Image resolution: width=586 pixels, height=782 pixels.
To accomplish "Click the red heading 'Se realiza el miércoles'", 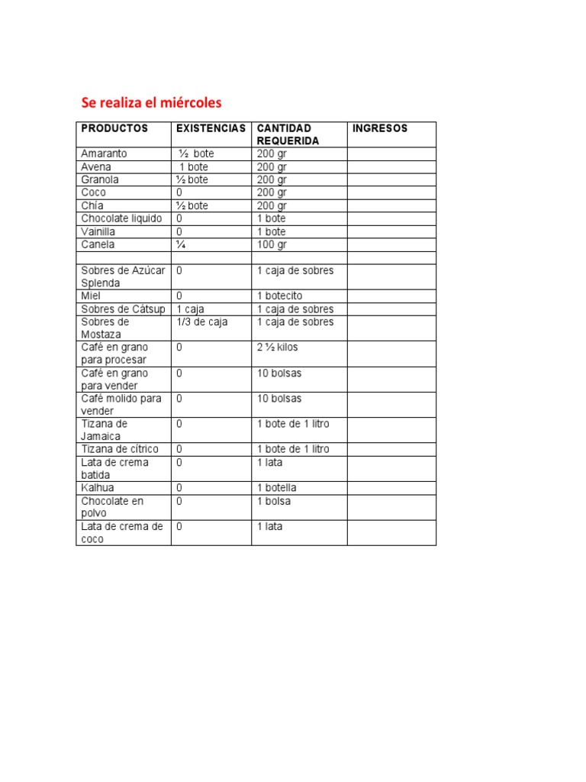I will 152,102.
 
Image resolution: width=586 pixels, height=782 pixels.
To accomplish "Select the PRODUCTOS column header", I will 114,128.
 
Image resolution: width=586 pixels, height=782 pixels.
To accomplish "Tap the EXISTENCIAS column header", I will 211,128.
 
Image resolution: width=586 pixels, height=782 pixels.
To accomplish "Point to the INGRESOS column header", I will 380,128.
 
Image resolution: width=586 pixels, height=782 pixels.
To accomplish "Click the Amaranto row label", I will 104,153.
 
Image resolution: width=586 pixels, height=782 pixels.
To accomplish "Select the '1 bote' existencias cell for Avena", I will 198,166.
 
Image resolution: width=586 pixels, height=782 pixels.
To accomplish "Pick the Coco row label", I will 94,192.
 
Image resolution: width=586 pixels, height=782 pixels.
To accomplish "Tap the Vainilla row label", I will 98,231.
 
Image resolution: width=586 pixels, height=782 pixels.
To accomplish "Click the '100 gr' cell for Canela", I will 272,244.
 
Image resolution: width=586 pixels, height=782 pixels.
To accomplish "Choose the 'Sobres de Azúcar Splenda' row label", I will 122,276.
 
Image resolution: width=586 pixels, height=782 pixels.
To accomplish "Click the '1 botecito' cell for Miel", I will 279,296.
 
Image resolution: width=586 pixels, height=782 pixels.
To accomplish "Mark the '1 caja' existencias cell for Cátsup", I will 190,309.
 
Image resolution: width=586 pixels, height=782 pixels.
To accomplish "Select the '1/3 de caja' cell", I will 201,322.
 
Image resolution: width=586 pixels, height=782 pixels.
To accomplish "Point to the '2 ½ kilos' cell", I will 277,347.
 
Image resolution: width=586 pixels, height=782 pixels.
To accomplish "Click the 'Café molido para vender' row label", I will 121,405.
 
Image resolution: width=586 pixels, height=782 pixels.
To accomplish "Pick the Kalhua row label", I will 98,488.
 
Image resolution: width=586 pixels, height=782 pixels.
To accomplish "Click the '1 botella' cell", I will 276,488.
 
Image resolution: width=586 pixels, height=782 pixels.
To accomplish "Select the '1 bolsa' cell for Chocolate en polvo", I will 274,501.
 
